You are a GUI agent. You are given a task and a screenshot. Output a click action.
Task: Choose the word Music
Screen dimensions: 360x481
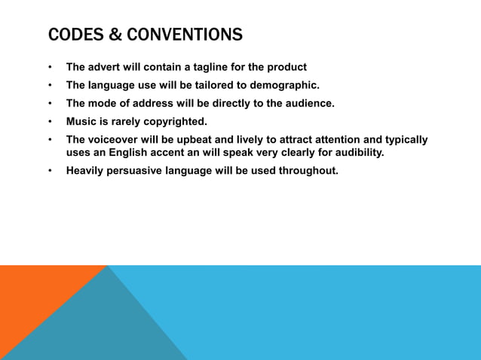(81, 121)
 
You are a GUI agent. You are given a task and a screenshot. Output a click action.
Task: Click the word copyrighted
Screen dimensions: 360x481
(175, 121)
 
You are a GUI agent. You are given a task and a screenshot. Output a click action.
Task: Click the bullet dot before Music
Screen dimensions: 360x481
(51, 121)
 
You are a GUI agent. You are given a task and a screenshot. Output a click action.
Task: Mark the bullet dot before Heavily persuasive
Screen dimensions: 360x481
(51, 170)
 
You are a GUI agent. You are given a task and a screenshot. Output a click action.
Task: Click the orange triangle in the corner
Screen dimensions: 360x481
(34, 301)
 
